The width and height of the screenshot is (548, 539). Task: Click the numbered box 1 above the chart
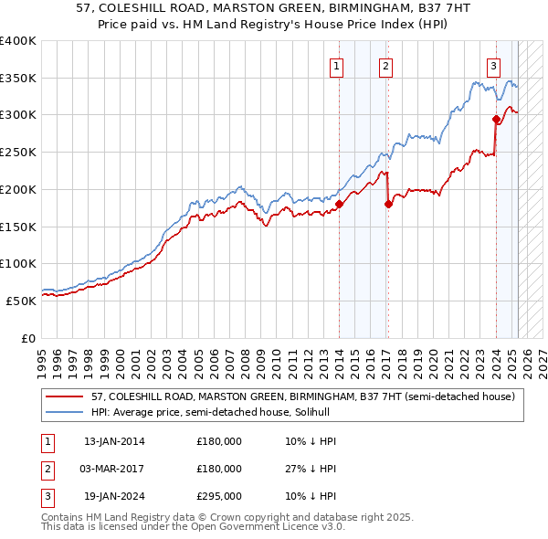tap(337, 66)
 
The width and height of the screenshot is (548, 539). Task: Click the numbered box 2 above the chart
tap(386, 66)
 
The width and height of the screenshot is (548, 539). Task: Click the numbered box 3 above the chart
tap(493, 66)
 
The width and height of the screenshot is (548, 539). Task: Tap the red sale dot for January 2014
tap(339, 204)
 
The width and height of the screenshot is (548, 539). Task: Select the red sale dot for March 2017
tap(388, 204)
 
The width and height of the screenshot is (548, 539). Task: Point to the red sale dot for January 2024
tap(496, 119)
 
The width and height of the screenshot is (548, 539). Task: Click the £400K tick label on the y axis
tap(17, 41)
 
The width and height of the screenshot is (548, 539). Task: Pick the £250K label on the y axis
tap(17, 152)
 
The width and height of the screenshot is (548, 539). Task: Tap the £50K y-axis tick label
tap(21, 300)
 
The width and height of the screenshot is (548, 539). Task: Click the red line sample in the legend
tap(64, 396)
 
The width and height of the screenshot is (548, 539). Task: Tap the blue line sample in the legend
tap(64, 412)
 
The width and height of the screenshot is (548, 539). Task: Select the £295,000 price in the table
tap(219, 496)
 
